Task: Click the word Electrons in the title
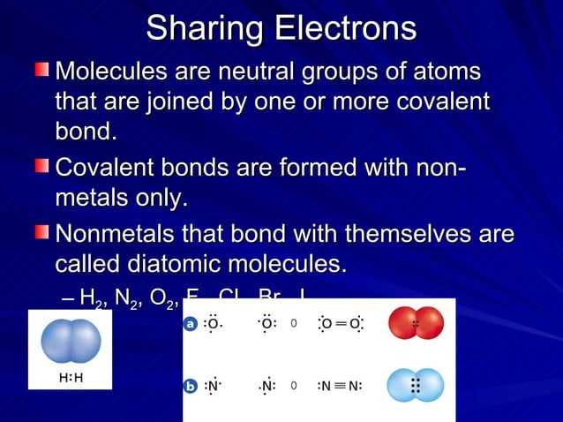pos(346,28)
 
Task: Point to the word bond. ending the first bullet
pos(86,133)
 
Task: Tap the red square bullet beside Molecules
pos(41,69)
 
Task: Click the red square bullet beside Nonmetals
pos(41,232)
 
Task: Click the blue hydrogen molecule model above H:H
pos(71,342)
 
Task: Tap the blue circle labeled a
pos(190,324)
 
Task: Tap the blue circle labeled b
pos(190,386)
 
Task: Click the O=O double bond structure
pos(341,324)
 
